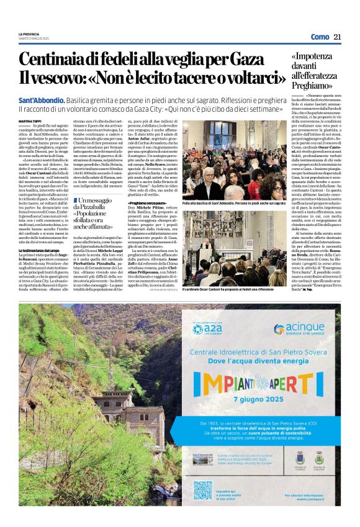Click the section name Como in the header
click(320, 37)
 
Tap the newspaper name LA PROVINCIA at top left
click(29, 34)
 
